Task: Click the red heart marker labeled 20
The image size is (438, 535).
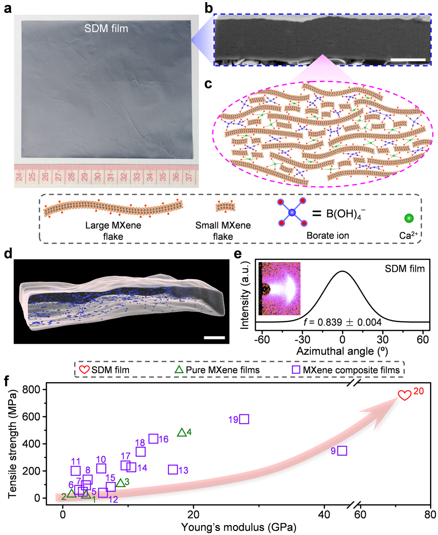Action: pos(404,395)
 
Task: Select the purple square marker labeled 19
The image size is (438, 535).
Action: pos(244,419)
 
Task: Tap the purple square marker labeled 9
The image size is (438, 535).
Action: pos(342,451)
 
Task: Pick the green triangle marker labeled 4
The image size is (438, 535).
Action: pos(182,432)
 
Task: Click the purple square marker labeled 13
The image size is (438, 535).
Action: pos(173,470)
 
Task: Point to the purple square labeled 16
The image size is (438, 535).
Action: pos(153,439)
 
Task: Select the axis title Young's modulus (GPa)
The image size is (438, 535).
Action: pos(239,527)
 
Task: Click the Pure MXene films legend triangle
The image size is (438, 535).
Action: pos(179,370)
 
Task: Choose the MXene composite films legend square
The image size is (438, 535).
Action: pos(296,370)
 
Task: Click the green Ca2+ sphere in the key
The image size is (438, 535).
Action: pos(409,218)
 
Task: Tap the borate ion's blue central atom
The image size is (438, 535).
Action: pos(292,213)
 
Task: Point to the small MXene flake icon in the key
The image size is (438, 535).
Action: pos(225,207)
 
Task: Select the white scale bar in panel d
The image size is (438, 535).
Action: pos(214,338)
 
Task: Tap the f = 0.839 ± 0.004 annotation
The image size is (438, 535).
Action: pos(342,322)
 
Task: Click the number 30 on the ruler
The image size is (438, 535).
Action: pos(97,177)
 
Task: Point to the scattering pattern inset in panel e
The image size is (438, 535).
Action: pos(280,289)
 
